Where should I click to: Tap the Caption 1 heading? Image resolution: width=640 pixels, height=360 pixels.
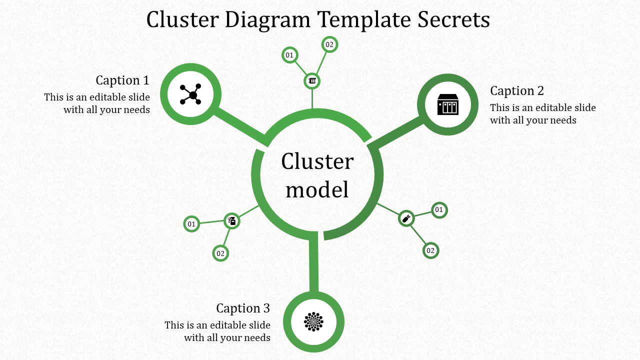point(122,80)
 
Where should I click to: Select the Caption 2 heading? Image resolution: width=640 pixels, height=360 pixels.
point(517,91)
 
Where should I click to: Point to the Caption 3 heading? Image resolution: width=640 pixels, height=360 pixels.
point(243,308)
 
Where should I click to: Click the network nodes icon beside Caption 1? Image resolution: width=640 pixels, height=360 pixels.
point(190,94)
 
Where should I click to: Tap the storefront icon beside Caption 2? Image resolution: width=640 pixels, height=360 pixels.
point(448,104)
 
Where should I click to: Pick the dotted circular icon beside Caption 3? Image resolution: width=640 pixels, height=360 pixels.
point(314,321)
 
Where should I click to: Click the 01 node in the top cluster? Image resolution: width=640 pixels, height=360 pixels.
point(289,55)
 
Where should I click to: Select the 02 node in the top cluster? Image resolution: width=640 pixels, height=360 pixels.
point(329,44)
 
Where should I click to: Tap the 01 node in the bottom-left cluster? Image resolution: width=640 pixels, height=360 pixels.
point(191,224)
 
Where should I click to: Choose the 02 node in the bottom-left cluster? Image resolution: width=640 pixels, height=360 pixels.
point(220,253)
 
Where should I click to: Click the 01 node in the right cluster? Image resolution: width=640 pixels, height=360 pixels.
point(439,210)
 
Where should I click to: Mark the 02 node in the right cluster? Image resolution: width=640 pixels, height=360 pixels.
point(430,250)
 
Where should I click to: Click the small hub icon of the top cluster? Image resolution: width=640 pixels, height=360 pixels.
point(312,80)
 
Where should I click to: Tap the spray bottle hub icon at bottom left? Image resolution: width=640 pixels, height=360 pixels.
point(232,220)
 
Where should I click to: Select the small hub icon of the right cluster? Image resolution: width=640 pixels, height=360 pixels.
point(406,218)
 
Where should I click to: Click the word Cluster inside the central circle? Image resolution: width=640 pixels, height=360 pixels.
point(317,162)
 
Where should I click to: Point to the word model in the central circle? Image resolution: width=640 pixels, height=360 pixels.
point(317,189)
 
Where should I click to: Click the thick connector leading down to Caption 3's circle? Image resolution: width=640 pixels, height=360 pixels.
point(313,262)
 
